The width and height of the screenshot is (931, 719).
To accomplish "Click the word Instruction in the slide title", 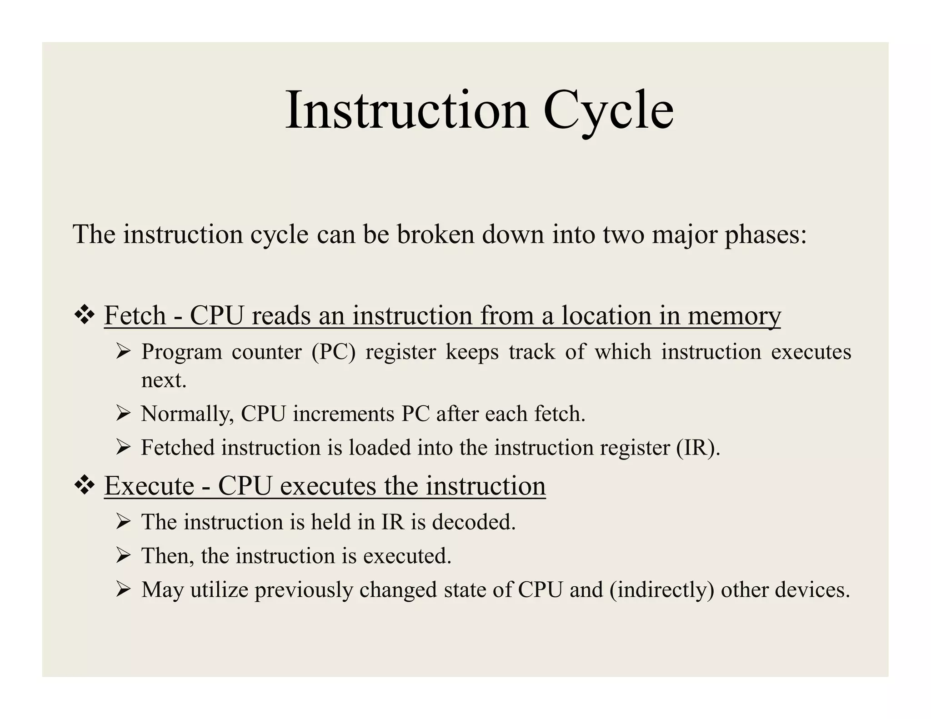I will (407, 110).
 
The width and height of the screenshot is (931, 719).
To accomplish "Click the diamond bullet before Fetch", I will (84, 315).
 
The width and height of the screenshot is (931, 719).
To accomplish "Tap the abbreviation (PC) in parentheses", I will (333, 352).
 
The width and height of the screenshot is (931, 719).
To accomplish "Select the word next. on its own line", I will (164, 380).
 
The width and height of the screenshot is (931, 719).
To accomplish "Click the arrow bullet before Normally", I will (123, 414).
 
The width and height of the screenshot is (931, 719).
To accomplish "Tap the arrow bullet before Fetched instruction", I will (123, 448).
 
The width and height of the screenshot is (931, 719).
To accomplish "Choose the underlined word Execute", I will (149, 486).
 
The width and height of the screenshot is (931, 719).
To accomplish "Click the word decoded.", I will (474, 522).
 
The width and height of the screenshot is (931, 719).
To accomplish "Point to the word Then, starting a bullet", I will (167, 556).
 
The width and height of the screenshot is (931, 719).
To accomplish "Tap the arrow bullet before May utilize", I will (123, 590).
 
